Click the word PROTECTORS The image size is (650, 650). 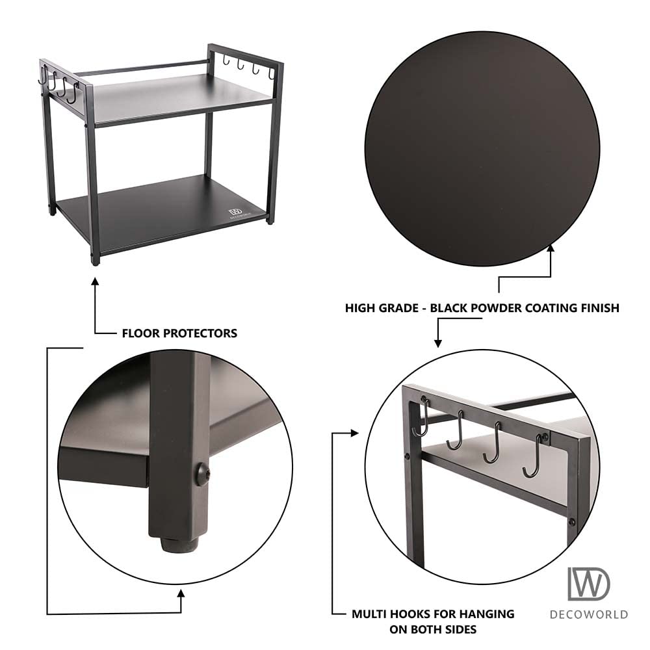click(199, 333)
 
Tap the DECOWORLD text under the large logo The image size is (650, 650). click(589, 614)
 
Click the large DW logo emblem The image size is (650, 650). click(589, 583)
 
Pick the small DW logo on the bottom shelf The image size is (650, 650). click(235, 213)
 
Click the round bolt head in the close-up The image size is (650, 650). click(202, 474)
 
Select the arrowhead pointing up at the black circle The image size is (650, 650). click(551, 247)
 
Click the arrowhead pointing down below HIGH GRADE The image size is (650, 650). click(437, 343)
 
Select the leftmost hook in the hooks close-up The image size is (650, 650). click(423, 419)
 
